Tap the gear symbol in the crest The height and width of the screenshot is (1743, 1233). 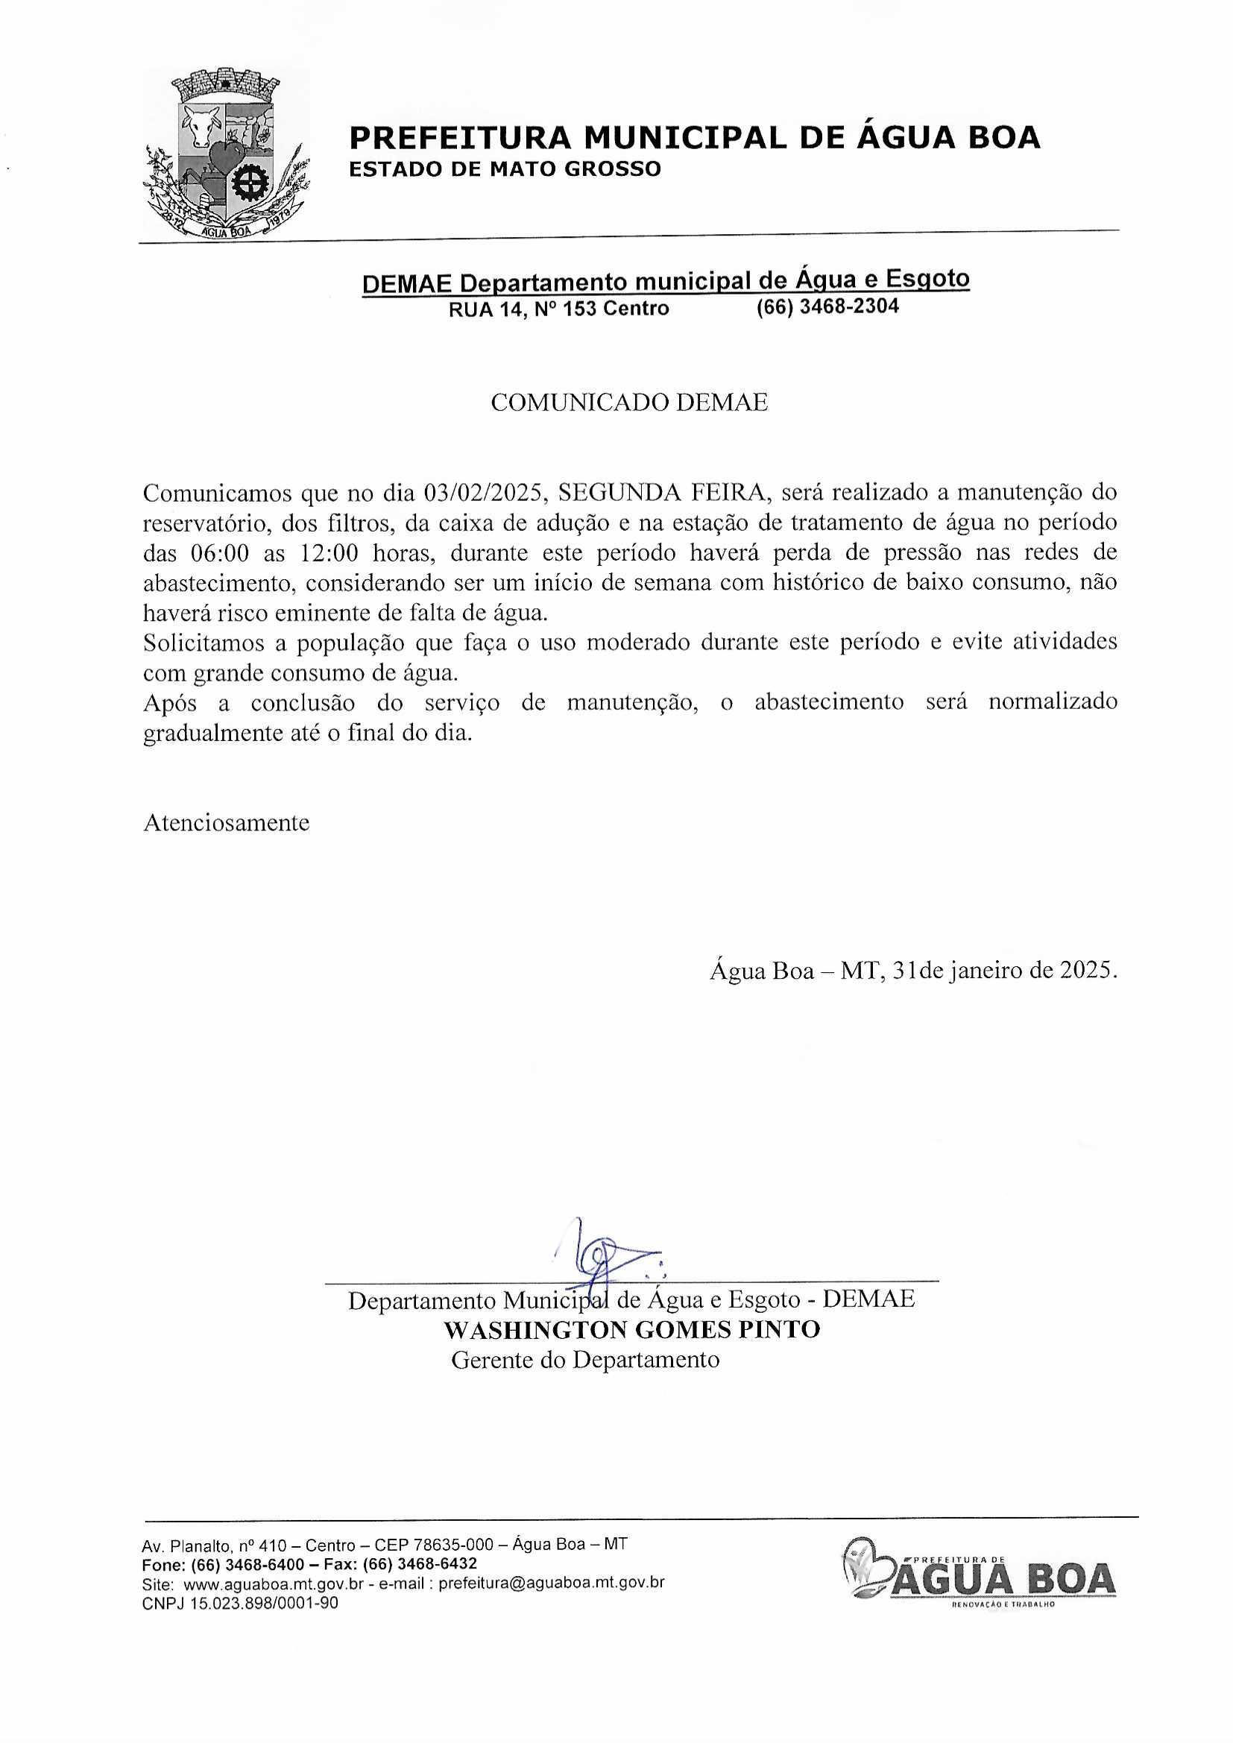click(x=249, y=183)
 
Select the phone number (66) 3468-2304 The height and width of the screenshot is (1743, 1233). click(x=827, y=306)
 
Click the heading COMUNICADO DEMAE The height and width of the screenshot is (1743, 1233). click(x=628, y=403)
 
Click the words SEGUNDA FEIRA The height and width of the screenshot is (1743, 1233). click(x=660, y=494)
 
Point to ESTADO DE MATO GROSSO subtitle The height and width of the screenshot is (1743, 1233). click(x=504, y=169)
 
